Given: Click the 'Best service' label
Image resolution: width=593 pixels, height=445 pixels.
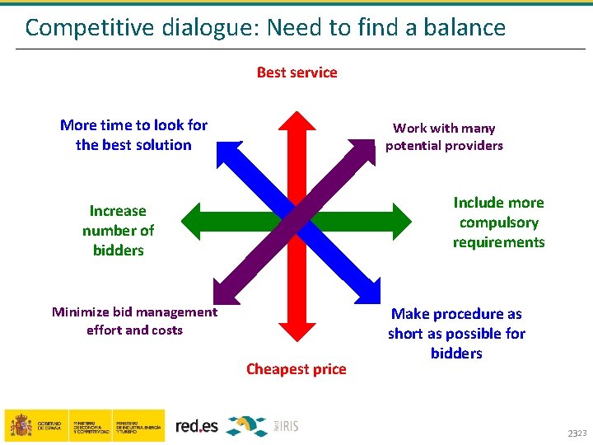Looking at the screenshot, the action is click(296, 73).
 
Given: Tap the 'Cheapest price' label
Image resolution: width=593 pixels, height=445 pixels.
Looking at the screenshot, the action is click(296, 369).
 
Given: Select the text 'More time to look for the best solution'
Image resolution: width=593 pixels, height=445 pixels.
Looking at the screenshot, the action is click(133, 135).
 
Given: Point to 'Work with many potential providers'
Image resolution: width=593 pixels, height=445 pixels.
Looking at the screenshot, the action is click(444, 137).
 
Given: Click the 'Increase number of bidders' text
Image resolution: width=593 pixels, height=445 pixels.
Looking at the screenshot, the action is click(118, 231).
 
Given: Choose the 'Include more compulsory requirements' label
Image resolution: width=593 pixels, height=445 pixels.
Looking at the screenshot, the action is click(498, 222).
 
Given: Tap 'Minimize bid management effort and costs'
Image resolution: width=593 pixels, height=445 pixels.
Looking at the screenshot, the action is click(134, 321).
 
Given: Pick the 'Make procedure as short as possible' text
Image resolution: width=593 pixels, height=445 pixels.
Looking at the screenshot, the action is click(456, 334).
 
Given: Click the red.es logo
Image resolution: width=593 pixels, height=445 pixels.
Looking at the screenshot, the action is click(197, 425).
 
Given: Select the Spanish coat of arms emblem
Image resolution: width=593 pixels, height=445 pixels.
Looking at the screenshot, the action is click(20, 425).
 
